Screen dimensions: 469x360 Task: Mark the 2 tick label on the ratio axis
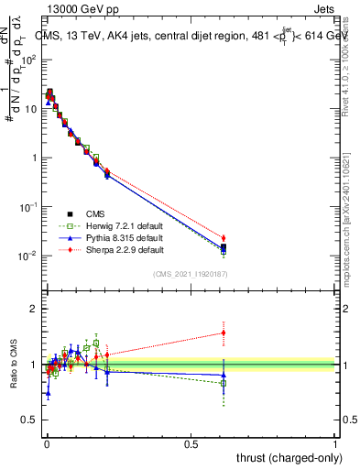35,309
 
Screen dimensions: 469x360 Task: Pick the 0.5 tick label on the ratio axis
31,421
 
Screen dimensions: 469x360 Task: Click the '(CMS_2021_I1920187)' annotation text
190,273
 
